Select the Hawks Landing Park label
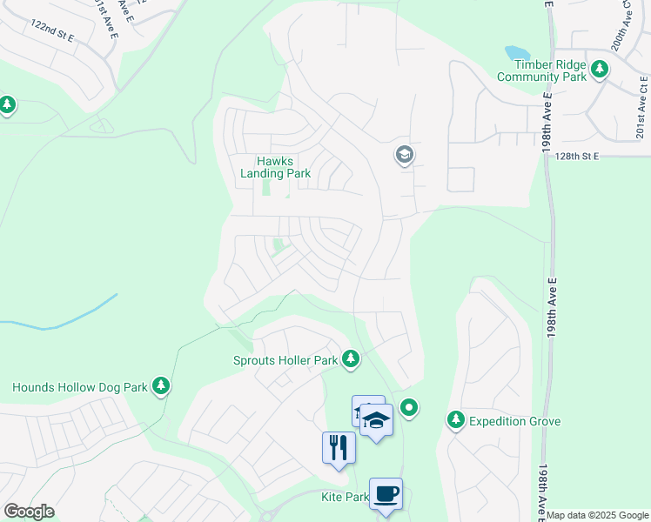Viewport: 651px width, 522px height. [275, 167]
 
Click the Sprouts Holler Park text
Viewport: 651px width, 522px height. [285, 359]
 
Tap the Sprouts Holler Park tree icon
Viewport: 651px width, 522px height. [351, 358]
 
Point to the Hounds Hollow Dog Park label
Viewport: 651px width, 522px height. [78, 386]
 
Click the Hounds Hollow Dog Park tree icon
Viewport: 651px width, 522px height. [160, 385]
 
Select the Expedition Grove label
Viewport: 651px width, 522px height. [515, 421]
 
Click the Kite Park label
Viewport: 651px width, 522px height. [345, 497]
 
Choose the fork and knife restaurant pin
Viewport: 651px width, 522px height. [339, 447]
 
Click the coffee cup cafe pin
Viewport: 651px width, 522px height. [386, 493]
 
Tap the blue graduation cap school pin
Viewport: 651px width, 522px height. [376, 419]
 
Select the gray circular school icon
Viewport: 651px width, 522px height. [404, 156]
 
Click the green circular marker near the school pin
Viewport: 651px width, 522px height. [410, 407]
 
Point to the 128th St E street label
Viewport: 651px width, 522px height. [578, 156]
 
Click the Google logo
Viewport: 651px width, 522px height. [29, 512]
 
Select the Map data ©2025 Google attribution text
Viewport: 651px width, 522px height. [598, 515]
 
